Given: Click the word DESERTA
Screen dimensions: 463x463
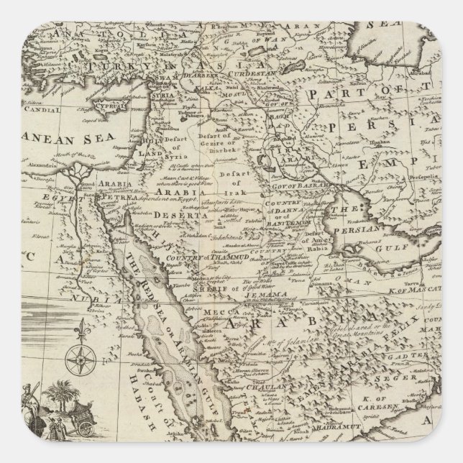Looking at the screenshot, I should pyautogui.click(x=173, y=213).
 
